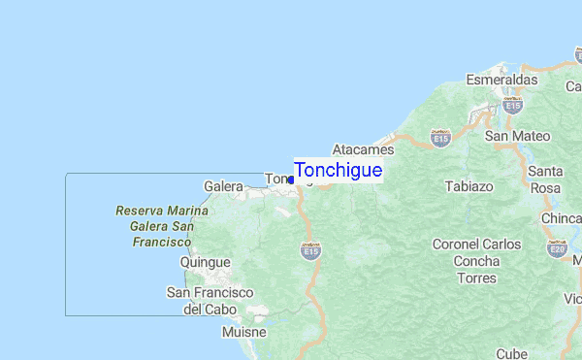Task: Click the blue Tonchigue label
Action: click(x=338, y=170)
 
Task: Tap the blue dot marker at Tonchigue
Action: click(x=291, y=180)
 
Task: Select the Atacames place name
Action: click(x=363, y=150)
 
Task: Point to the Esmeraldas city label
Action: click(x=501, y=79)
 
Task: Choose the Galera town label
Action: click(x=222, y=185)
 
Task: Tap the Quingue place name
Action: click(x=206, y=262)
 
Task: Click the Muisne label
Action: click(x=243, y=332)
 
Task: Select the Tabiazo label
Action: click(x=469, y=185)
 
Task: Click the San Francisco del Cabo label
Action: click(x=210, y=301)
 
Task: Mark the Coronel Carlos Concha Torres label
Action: click(x=476, y=261)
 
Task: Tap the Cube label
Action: click(x=511, y=354)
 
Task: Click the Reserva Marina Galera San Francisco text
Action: click(x=154, y=225)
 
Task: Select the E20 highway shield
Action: click(x=557, y=249)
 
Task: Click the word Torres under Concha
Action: click(x=476, y=278)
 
